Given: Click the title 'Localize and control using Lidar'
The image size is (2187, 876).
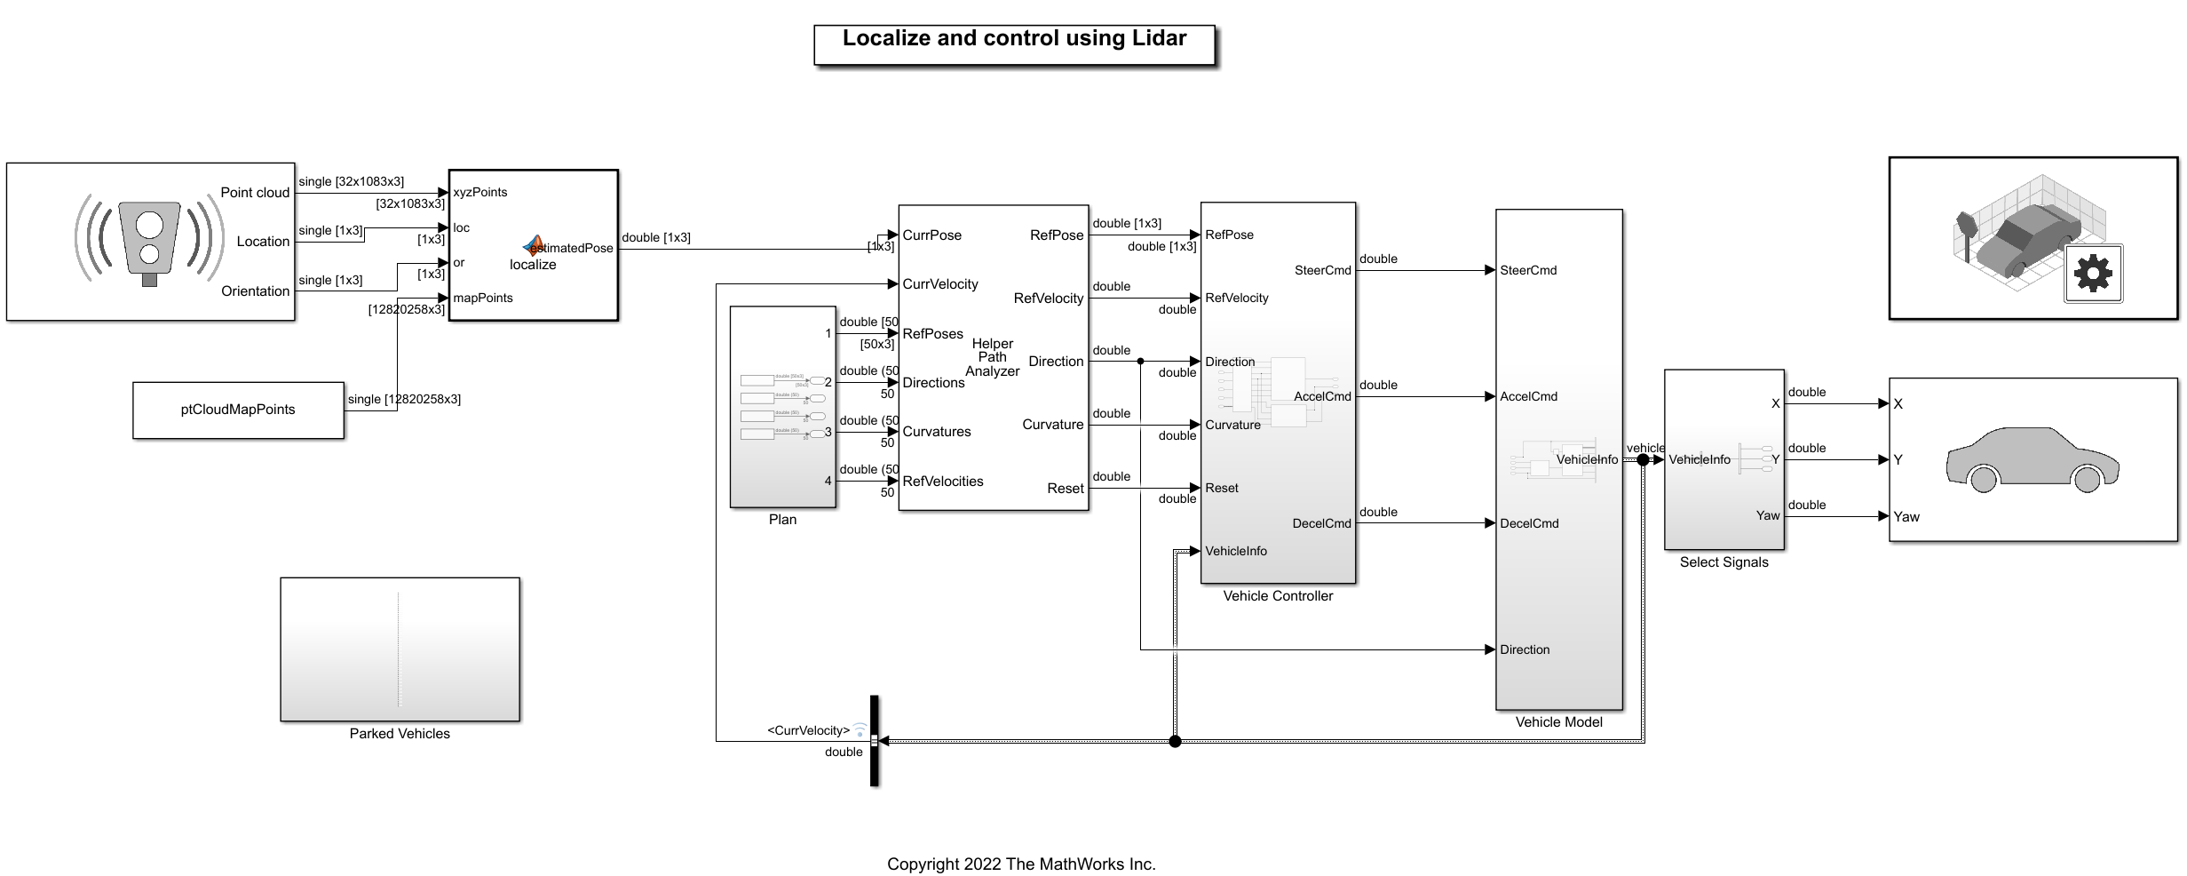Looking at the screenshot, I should pos(1014,39).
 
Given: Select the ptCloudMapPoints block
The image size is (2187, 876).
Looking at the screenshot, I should pos(238,410).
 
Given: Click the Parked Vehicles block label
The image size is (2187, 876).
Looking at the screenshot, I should pos(400,734).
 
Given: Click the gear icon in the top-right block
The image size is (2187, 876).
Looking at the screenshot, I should pos(2093,273).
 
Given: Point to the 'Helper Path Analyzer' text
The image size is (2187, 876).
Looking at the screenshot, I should pos(992,357).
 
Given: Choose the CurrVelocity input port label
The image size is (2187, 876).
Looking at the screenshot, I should pos(940,284).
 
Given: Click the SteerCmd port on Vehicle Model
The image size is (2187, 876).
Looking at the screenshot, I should pos(1528,271).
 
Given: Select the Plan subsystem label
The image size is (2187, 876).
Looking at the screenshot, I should pos(782,520).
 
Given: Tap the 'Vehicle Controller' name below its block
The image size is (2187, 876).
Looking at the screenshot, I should pos(1278,596).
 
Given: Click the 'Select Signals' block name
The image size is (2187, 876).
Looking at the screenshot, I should pos(1723,562).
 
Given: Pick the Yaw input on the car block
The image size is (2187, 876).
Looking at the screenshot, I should pos(1906,517).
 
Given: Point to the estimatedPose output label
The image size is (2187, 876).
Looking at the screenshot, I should pos(574,249).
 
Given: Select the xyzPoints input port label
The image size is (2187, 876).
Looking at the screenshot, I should pos(480,193).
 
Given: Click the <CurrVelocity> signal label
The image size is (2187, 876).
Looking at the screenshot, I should pos(808,731).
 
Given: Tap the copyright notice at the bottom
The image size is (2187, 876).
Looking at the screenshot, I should pos(1021,864).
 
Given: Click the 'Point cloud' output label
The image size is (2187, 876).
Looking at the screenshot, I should pos(255,193).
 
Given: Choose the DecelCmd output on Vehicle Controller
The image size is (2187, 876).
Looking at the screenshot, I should pos(1321,524).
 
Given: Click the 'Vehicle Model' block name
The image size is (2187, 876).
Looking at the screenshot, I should pos(1558,722).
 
